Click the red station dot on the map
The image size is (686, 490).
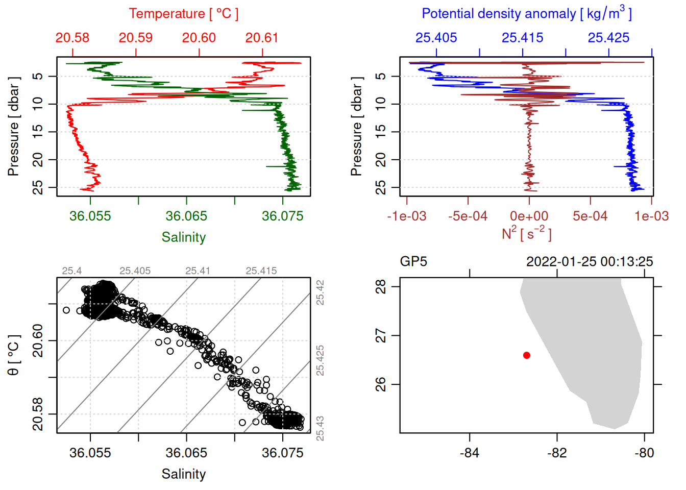tap(527, 355)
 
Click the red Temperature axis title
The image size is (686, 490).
tap(183, 14)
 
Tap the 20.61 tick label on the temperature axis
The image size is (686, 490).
tap(262, 38)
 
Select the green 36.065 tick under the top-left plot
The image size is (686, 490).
tap(186, 216)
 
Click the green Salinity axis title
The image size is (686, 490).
tap(184, 237)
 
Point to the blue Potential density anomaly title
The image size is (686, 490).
tap(526, 14)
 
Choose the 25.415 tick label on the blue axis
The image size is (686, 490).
tap(523, 38)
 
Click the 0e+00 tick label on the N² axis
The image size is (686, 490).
tap(529, 216)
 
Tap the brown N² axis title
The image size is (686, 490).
tap(526, 234)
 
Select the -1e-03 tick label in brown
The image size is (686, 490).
tap(407, 216)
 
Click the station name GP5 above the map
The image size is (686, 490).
tap(413, 262)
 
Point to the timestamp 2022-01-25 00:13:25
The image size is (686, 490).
tap(590, 262)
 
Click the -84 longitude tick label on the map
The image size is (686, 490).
tap(470, 453)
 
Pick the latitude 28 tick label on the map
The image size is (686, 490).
tap(381, 287)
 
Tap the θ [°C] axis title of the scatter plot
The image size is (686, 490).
tap(13, 355)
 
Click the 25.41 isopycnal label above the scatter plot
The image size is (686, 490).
tap(198, 271)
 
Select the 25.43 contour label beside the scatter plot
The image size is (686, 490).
tap(320, 428)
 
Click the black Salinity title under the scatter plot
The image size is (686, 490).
tap(184, 474)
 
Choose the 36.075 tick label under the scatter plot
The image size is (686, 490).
tap(283, 453)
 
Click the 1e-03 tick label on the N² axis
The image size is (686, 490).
tap(652, 216)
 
